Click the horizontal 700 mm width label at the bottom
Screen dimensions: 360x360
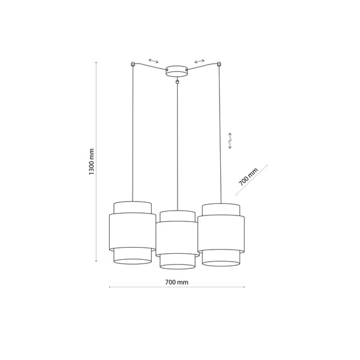pyautogui.click(x=176, y=281)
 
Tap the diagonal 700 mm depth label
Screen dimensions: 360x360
pyautogui.click(x=248, y=176)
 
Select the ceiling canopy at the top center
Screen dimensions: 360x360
pyautogui.click(x=176, y=71)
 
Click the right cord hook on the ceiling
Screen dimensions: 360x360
pyautogui.click(x=220, y=64)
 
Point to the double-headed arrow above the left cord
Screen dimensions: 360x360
pyautogui.click(x=154, y=61)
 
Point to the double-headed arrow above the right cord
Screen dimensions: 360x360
pyautogui.click(x=199, y=61)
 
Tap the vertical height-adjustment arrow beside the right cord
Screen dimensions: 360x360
pyautogui.click(x=230, y=140)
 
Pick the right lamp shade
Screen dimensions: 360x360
pyautogui.click(x=221, y=234)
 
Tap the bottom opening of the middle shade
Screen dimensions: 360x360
pyautogui.click(x=176, y=266)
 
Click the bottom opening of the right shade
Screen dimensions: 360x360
pyautogui.click(x=221, y=262)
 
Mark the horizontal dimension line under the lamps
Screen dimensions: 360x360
pyautogui.click(x=176, y=288)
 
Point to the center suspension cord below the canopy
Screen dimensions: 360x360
pyautogui.click(x=176, y=144)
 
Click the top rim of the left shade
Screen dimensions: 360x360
pyautogui.click(x=131, y=202)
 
